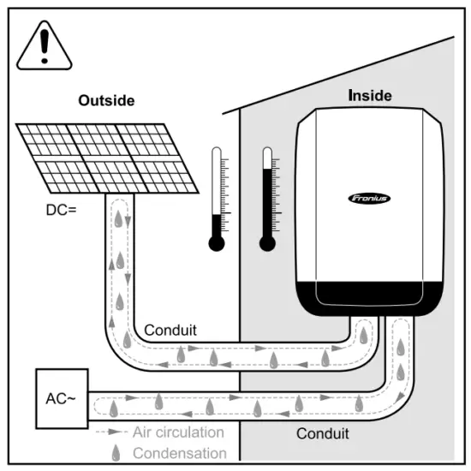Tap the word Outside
[x=106, y=101]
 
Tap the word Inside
[x=370, y=96]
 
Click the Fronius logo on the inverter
[x=369, y=198]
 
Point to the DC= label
[x=62, y=208]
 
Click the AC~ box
[x=61, y=399]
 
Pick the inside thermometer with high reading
[x=268, y=197]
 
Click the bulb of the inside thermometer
[x=268, y=242]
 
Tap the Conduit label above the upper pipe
[x=170, y=331]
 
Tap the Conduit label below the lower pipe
[x=323, y=433]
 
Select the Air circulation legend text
[x=178, y=432]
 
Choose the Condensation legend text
[x=180, y=453]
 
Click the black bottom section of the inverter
[x=369, y=296]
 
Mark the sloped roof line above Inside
[x=343, y=72]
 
